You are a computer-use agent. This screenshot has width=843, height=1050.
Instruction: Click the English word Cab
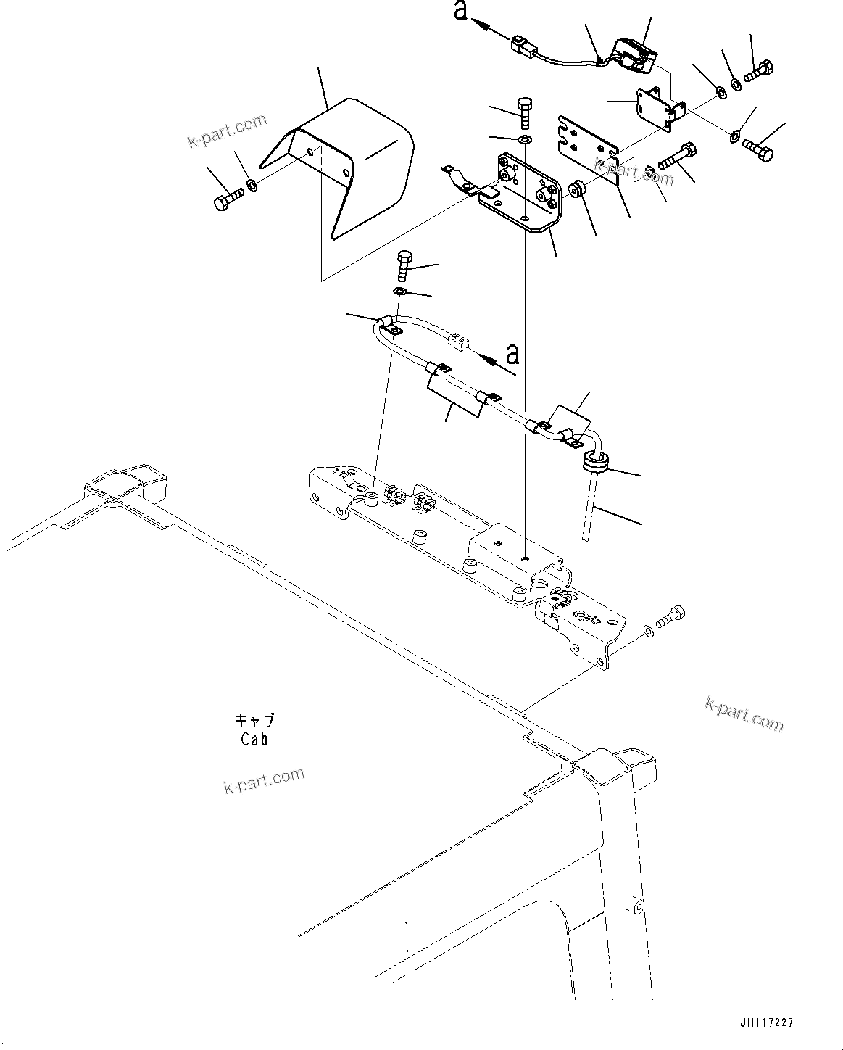tap(254, 740)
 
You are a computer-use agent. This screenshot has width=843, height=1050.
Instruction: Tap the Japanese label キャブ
tap(254, 721)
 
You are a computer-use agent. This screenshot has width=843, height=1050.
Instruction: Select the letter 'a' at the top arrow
tap(461, 12)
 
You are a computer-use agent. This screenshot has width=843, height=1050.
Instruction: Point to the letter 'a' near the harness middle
tap(512, 355)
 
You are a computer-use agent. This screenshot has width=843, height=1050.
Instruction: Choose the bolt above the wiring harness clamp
tap(404, 265)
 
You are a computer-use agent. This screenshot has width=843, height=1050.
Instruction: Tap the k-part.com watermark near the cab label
tap(264, 781)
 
